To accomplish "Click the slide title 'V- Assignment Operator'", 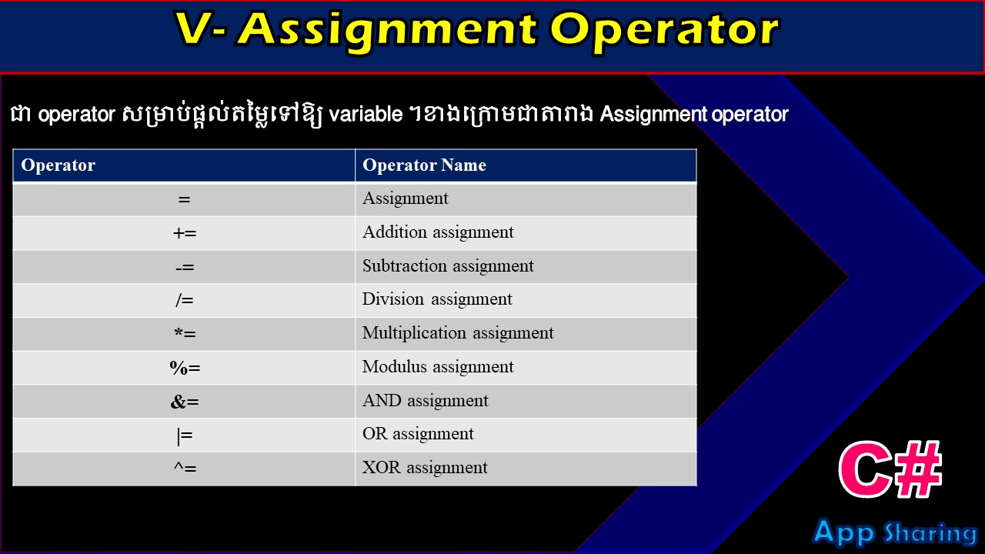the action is click(477, 31).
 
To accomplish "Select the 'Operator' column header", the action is click(58, 165).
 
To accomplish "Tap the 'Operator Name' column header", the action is click(424, 165).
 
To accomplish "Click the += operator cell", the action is click(185, 233).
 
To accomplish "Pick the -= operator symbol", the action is click(185, 267).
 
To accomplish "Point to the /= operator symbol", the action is click(185, 300).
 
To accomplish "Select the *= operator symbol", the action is click(185, 333).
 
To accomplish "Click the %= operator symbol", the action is click(185, 368).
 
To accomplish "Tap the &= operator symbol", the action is click(185, 402).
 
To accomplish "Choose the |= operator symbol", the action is click(185, 436).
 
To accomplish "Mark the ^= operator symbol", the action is click(185, 468).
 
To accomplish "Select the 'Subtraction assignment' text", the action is click(448, 266).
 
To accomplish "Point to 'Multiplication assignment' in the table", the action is click(458, 333).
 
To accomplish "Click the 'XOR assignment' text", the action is click(425, 468).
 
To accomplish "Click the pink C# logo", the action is click(890, 469).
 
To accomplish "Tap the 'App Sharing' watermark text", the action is click(894, 532).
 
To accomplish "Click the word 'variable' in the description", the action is click(366, 115).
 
